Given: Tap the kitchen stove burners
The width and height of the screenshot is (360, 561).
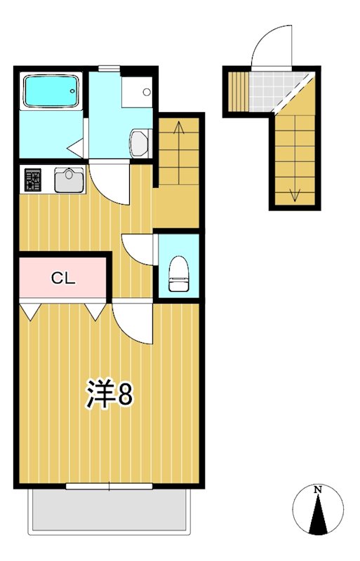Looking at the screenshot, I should point(33,180).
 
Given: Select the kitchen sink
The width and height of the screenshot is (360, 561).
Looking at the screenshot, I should point(69,180).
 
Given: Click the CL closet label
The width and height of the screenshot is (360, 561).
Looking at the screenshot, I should point(62,278).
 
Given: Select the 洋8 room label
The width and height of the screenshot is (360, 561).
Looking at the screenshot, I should point(109,395).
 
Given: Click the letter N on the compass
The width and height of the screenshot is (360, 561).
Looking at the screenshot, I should point(318,489).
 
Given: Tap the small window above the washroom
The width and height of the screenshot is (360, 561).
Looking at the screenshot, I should point(109,67).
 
